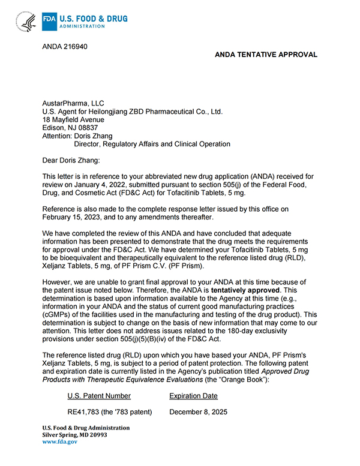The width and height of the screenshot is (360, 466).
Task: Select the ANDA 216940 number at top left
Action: pyautogui.click(x=64, y=47)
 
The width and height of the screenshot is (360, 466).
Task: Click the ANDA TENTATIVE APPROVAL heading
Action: pyautogui.click(x=266, y=55)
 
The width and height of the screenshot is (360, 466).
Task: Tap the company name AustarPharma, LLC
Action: pyautogui.click(x=73, y=103)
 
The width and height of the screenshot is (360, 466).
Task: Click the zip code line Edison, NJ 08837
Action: pyautogui.click(x=70, y=128)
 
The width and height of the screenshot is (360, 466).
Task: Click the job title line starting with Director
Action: pyautogui.click(x=152, y=144)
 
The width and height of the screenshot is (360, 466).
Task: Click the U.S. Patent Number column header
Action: pyautogui.click(x=99, y=396)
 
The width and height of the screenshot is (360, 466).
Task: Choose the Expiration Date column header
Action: pyautogui.click(x=193, y=396)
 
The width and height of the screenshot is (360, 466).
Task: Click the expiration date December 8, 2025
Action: pyautogui.click(x=199, y=412)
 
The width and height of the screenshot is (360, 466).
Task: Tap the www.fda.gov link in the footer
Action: pyautogui.click(x=59, y=441)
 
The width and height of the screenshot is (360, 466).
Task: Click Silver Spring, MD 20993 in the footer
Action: pyautogui.click(x=74, y=435)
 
